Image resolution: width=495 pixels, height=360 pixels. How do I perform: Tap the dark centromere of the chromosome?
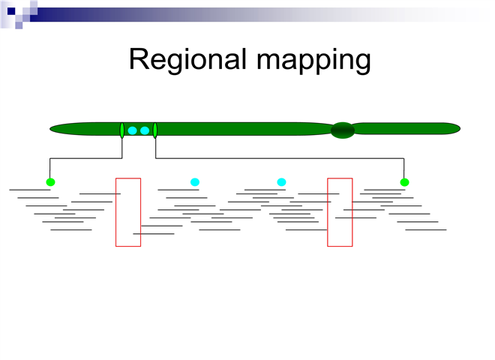(343, 130)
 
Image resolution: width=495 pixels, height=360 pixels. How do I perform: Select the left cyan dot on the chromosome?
(133, 130)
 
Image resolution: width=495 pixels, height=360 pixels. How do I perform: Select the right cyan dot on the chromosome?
(145, 130)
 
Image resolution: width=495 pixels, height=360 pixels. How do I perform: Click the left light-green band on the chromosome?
(122, 130)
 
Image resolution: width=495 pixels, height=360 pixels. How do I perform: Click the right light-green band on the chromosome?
(155, 130)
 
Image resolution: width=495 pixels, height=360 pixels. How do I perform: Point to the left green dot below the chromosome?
(50, 182)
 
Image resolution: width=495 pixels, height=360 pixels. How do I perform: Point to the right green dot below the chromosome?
(404, 182)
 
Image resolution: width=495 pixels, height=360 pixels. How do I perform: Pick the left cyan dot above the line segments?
(195, 182)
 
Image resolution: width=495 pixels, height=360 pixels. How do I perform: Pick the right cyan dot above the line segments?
(282, 182)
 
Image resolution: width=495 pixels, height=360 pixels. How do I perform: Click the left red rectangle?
(127, 211)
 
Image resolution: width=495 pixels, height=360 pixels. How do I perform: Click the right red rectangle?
(340, 211)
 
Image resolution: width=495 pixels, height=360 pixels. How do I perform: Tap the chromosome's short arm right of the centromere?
(405, 129)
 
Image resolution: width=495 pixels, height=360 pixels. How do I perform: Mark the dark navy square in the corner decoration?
(11, 10)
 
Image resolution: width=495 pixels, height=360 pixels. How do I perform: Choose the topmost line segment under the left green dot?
(30, 190)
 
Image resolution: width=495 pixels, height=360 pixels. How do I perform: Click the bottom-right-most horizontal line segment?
(425, 229)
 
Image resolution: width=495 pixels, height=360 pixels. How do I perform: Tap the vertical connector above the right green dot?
(404, 169)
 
